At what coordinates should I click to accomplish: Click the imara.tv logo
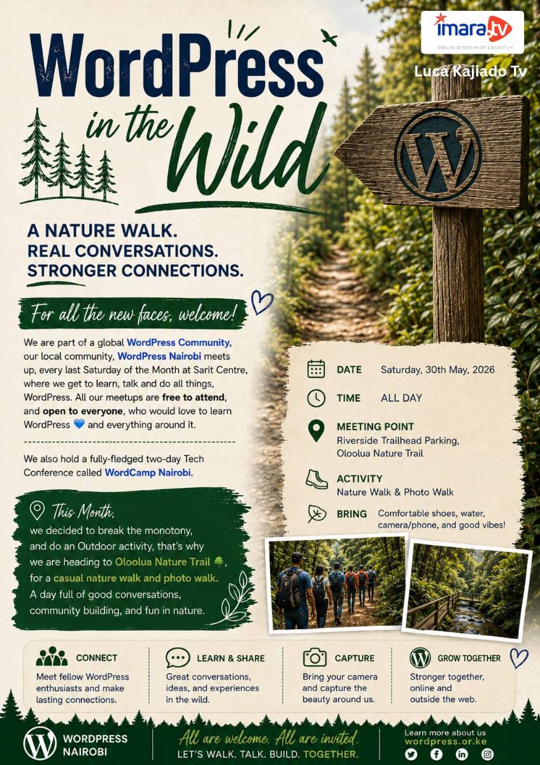472,32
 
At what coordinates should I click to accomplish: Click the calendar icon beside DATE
316,369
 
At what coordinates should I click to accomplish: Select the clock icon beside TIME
316,398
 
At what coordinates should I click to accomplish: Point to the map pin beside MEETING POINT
316,430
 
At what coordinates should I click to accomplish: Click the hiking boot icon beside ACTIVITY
316,479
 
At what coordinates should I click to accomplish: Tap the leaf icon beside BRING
317,513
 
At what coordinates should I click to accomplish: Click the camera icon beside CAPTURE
315,657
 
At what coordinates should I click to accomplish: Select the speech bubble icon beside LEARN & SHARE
178,657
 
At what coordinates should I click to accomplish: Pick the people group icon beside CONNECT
52,656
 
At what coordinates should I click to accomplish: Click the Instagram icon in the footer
487,754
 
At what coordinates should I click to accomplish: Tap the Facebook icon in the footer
436,754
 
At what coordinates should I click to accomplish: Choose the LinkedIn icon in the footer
462,754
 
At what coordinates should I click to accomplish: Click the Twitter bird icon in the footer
411,754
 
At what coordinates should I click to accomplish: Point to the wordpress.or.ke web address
446,741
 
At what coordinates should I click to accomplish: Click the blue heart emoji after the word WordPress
79,424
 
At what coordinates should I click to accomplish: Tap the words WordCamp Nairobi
148,472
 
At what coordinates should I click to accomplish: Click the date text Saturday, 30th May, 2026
437,370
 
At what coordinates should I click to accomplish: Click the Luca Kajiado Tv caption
471,71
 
